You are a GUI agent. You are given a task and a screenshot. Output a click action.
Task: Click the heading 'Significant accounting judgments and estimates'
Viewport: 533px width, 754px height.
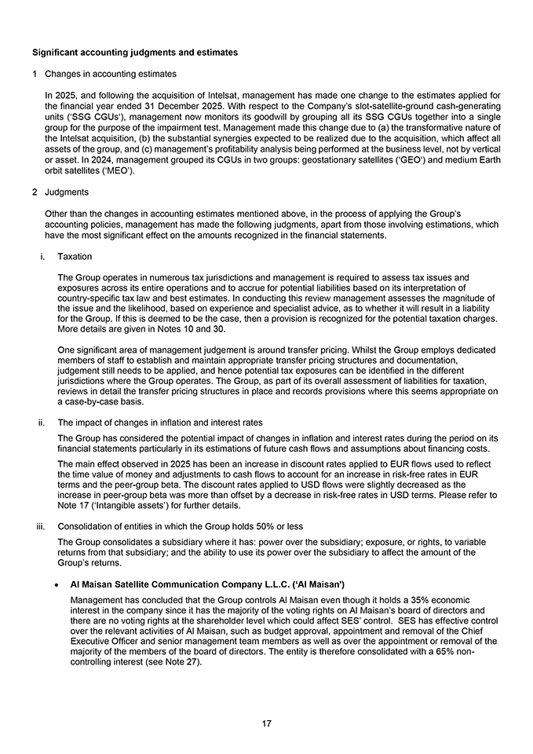(x=134, y=53)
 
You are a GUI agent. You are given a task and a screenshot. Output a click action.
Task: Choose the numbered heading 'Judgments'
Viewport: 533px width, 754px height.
(x=67, y=192)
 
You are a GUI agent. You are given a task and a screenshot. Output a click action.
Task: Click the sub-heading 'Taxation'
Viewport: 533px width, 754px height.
(x=75, y=257)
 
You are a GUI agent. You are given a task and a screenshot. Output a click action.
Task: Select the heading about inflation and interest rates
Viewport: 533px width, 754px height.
(x=160, y=423)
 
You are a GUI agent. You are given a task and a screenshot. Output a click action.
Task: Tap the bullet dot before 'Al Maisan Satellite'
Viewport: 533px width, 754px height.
(x=59, y=585)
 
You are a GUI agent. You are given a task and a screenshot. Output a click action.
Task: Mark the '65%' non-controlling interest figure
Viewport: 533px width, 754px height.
(x=446, y=651)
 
